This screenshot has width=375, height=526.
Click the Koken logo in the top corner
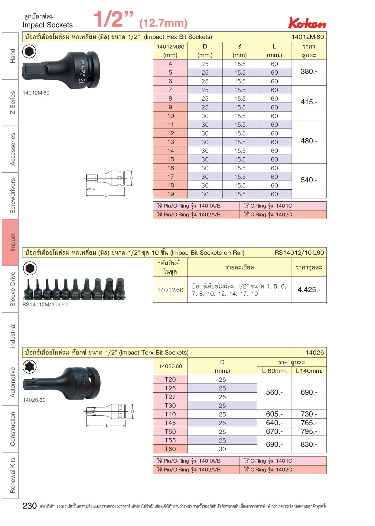click(x=307, y=23)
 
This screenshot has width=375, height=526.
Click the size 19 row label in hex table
click(x=170, y=194)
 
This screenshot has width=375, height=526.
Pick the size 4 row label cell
click(x=170, y=64)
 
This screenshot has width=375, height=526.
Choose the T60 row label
click(x=170, y=449)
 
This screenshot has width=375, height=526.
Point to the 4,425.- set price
click(x=309, y=289)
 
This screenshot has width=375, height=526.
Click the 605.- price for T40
click(x=274, y=414)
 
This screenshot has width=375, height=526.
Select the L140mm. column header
click(x=309, y=371)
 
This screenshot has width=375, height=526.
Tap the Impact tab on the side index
click(x=10, y=242)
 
